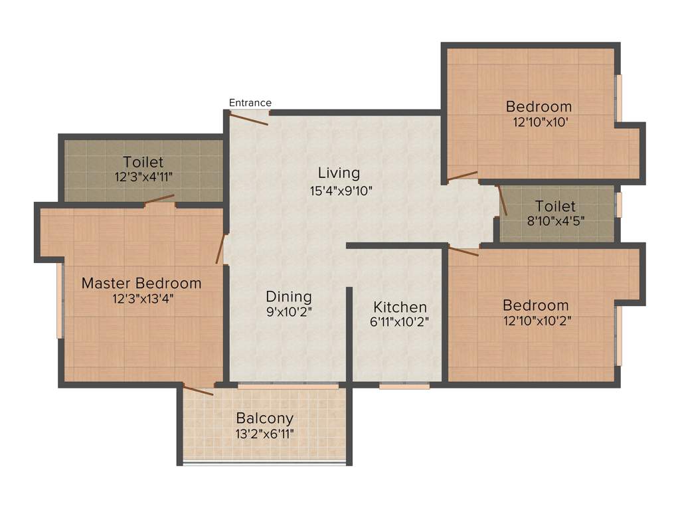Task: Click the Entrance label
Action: tap(250, 102)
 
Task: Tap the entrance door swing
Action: tap(248, 118)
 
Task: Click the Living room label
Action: tap(339, 173)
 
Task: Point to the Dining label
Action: tap(289, 297)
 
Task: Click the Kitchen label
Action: tap(400, 307)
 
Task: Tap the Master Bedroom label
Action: tap(141, 284)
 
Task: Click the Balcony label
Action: tap(265, 418)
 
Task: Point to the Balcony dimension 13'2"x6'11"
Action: tap(265, 434)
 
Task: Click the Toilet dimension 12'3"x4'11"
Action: tap(143, 177)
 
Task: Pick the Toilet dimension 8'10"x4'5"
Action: tap(556, 221)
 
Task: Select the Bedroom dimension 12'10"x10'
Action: tap(539, 122)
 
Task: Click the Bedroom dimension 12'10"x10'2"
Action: tap(537, 321)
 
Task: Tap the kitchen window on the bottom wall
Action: tap(404, 385)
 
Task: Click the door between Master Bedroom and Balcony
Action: tap(199, 390)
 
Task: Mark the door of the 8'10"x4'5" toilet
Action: tap(502, 200)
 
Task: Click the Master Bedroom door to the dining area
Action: tap(220, 249)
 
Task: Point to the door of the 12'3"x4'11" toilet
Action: tap(160, 199)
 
